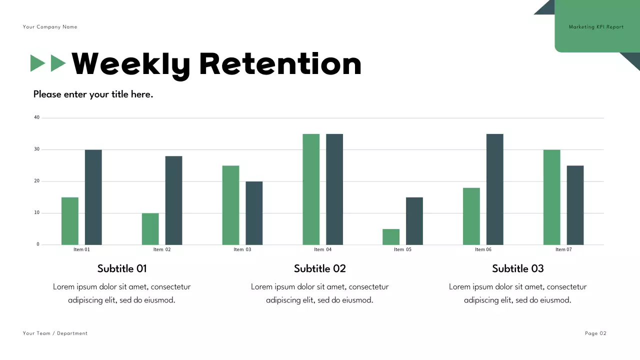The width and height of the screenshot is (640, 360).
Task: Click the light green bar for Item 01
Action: click(70, 221)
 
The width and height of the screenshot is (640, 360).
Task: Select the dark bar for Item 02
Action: click(173, 200)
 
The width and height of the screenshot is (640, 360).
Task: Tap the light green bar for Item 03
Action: click(230, 205)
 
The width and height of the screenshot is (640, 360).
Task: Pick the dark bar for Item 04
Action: click(334, 189)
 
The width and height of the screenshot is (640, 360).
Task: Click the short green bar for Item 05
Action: click(391, 237)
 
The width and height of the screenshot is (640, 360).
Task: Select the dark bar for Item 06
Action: click(495, 189)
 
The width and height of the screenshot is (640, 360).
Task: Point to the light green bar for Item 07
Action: click(552, 197)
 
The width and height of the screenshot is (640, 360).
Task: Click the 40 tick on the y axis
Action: click(36, 117)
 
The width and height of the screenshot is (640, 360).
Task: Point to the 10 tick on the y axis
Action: click(36, 213)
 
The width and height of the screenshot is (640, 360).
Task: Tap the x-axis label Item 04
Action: click(322, 249)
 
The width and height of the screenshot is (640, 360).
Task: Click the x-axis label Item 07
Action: click(563, 249)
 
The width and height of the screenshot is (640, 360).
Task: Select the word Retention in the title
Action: click(280, 64)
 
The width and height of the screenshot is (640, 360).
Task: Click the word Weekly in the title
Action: click(131, 64)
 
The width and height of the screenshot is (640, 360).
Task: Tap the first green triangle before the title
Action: click(38, 63)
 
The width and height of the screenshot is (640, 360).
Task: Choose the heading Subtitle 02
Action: click(320, 268)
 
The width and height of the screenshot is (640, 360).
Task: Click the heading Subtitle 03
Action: click(517, 268)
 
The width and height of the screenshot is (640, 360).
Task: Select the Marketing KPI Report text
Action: click(596, 27)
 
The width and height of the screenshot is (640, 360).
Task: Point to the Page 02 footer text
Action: click(595, 333)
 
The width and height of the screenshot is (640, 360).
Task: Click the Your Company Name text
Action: click(50, 27)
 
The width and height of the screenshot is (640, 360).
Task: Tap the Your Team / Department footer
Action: click(55, 333)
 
